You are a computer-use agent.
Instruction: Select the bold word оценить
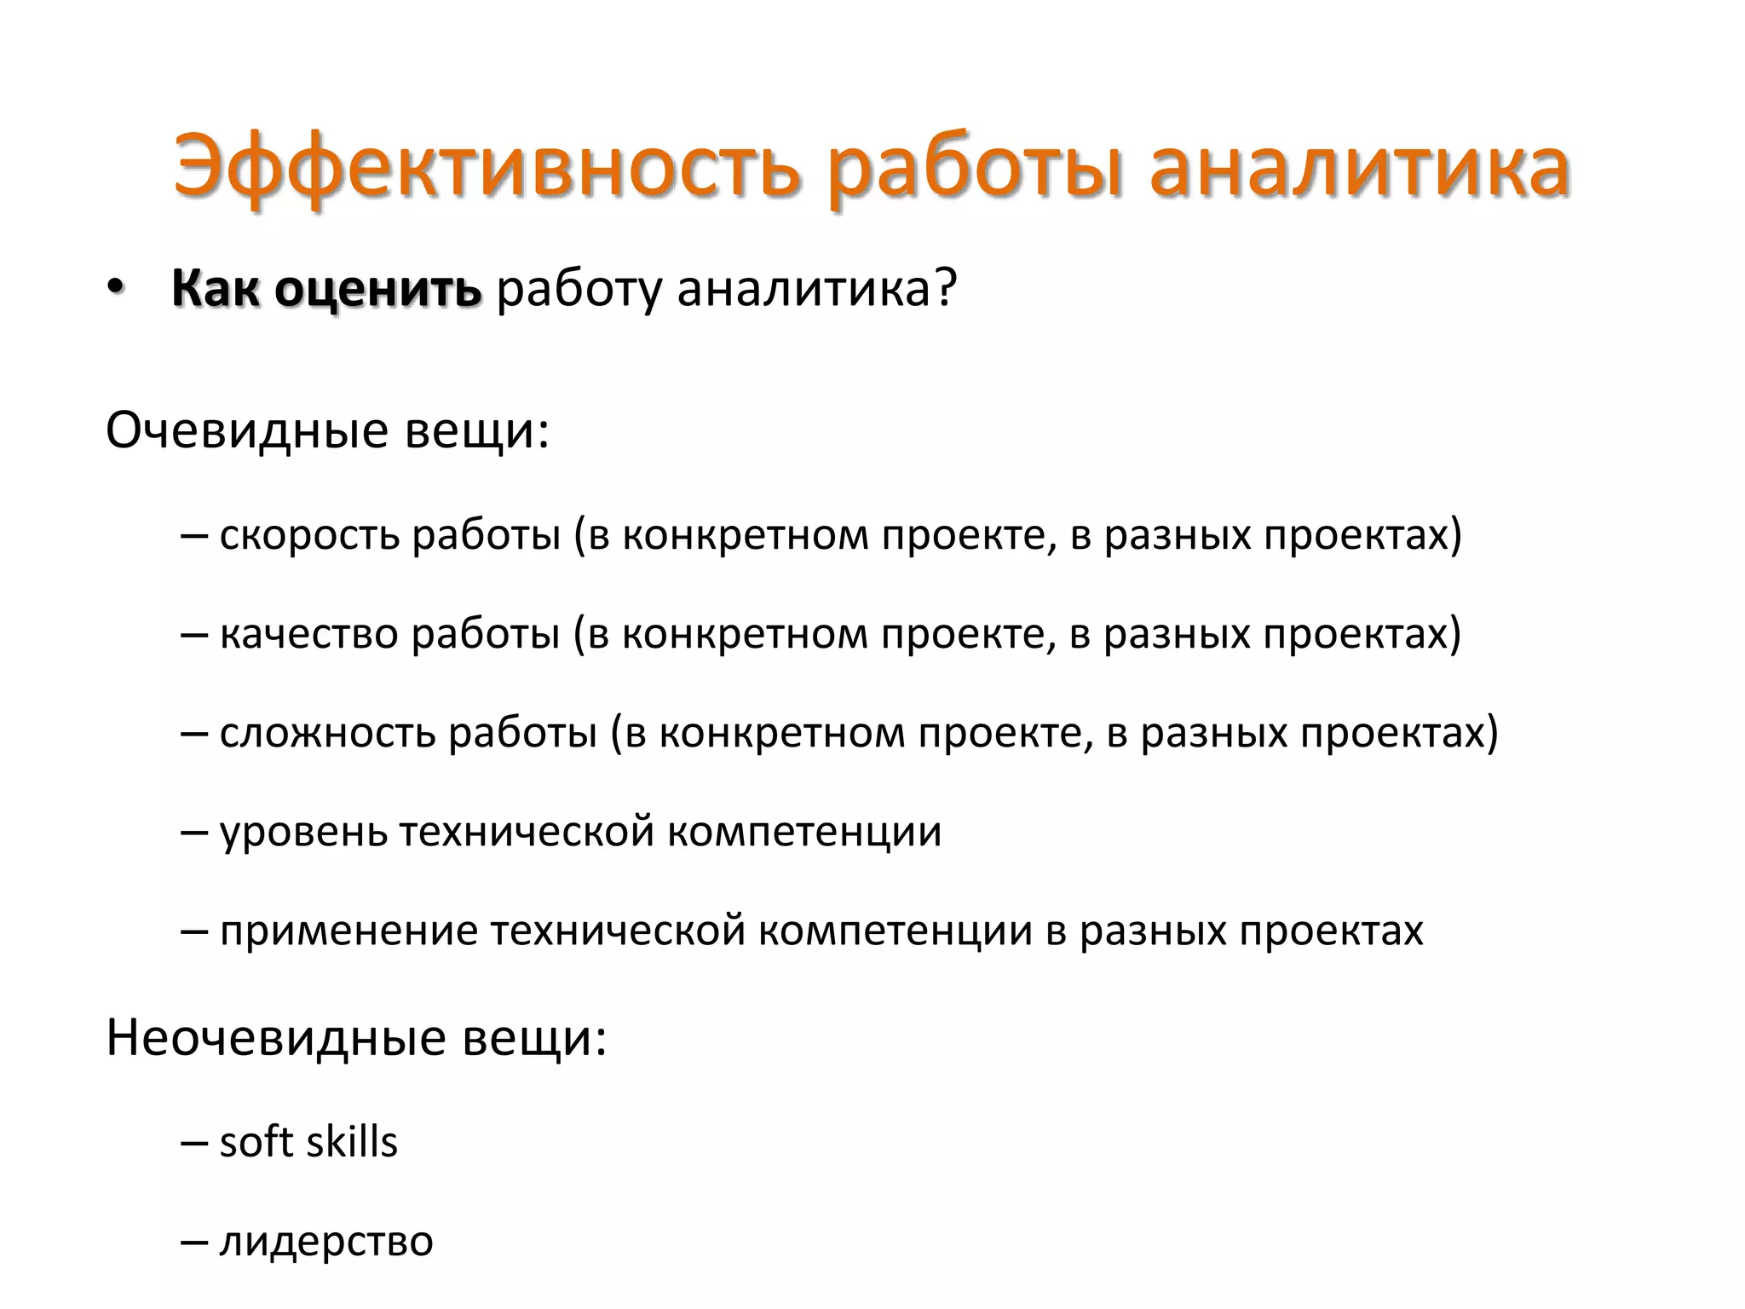click(378, 290)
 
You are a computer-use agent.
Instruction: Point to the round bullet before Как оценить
click(116, 290)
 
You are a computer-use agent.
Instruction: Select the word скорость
click(309, 535)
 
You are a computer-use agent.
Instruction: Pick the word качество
click(309, 634)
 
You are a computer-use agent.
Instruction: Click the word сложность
click(328, 733)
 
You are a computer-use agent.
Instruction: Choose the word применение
click(349, 931)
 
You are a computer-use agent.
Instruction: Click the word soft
click(253, 1142)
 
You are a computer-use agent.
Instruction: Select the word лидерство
click(326, 1241)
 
